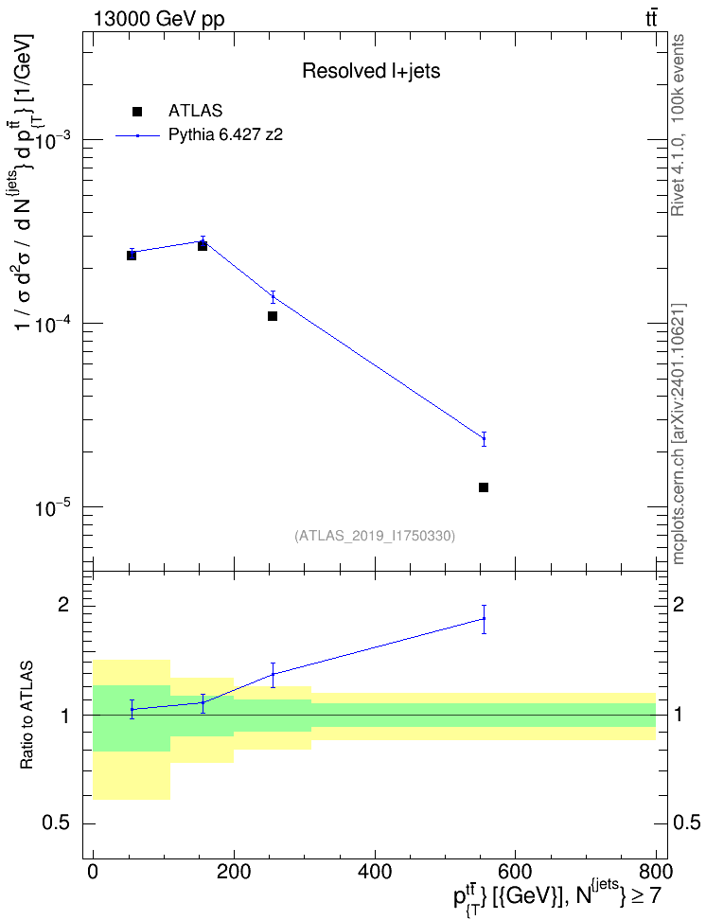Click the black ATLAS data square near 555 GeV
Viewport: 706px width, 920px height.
484,487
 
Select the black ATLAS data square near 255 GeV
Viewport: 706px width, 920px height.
273,316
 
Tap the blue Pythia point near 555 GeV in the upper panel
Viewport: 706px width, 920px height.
484,439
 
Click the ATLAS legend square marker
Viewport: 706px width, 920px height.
137,112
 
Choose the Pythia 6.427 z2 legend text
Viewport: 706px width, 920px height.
226,135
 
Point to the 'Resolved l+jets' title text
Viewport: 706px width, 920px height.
372,71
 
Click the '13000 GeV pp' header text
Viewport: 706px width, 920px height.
159,20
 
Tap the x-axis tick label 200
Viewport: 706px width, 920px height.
234,871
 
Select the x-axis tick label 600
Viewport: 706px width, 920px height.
515,871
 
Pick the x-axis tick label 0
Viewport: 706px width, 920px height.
93,871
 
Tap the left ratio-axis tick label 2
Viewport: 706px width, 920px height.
62,605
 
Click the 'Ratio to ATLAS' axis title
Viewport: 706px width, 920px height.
26,716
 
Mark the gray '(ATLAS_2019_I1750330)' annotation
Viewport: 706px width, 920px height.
375,536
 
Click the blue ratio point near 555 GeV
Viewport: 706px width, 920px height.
484,618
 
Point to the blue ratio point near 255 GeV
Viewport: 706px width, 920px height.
273,674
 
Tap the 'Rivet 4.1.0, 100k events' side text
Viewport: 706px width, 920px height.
678,125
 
